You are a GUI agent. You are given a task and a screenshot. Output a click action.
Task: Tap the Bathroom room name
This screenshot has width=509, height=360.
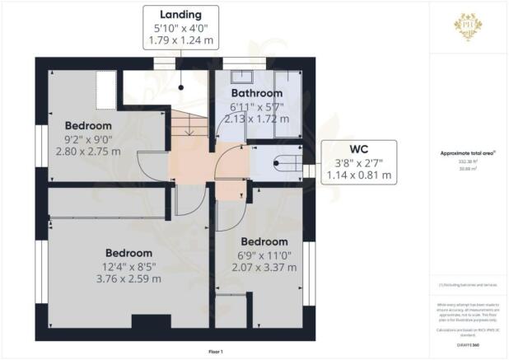[255, 94]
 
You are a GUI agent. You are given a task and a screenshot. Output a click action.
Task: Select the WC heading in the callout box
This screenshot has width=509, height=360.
[358, 148]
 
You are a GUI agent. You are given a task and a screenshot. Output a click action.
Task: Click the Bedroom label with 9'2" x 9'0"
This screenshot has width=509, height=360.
[88, 125]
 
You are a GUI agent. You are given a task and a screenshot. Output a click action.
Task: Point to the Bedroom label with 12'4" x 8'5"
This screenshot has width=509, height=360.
[129, 252]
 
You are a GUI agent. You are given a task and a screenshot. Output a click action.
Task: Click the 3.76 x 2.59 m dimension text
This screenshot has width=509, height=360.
[129, 278]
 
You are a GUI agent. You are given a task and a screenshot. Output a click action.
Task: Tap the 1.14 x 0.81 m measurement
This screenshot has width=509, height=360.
[358, 175]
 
